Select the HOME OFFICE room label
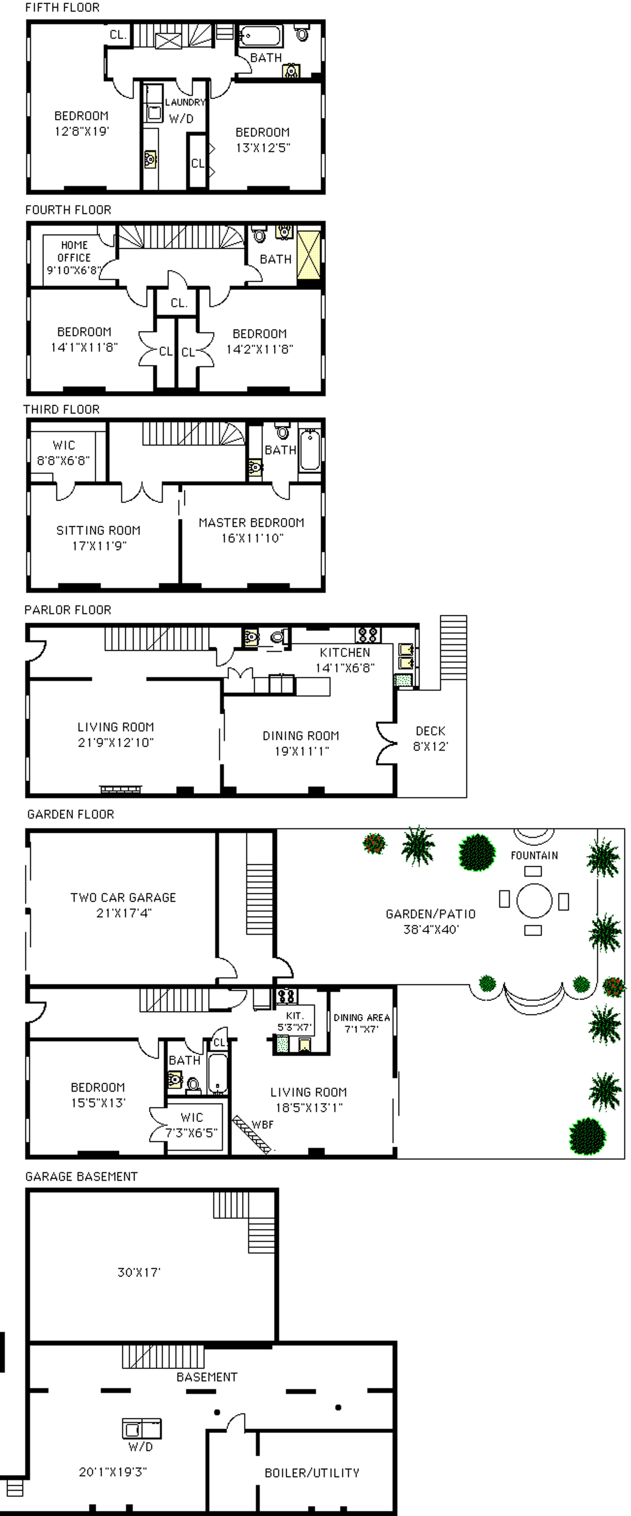[74, 251]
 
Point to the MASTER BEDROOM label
[251, 523]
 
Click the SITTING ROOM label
[98, 530]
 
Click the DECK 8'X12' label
[430, 738]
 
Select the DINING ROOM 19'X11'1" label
[301, 743]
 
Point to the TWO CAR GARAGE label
[123, 897]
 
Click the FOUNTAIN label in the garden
[534, 855]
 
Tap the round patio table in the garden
[534, 900]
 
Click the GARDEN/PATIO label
[430, 914]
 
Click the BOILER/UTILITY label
[312, 1473]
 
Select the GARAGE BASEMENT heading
[81, 1176]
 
